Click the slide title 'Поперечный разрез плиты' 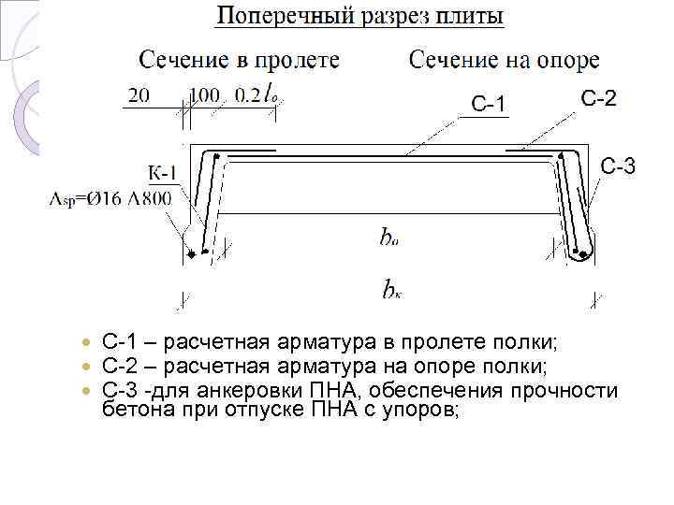point(360,17)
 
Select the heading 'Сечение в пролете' point(240,60)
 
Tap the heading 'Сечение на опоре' point(505,60)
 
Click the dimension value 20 point(138,95)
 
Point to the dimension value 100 point(204,95)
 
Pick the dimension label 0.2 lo point(255,95)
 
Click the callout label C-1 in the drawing point(489,104)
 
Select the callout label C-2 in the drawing point(598,98)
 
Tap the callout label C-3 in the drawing point(618,167)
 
